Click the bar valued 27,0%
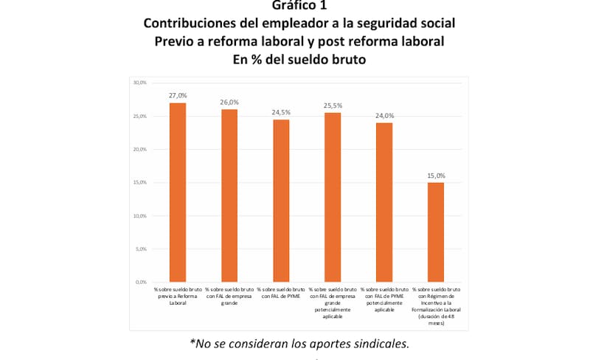178,193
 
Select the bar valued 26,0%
229,195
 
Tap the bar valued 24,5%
281,201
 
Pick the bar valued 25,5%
333,198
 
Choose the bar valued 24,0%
384,202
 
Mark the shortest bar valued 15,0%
436,232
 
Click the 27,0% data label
178,96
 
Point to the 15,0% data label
436,176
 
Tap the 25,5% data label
333,105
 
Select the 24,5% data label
281,112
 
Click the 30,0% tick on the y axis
139,83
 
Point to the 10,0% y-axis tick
139,216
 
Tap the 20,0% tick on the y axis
139,149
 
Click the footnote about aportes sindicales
299,343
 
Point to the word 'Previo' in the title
176,41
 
